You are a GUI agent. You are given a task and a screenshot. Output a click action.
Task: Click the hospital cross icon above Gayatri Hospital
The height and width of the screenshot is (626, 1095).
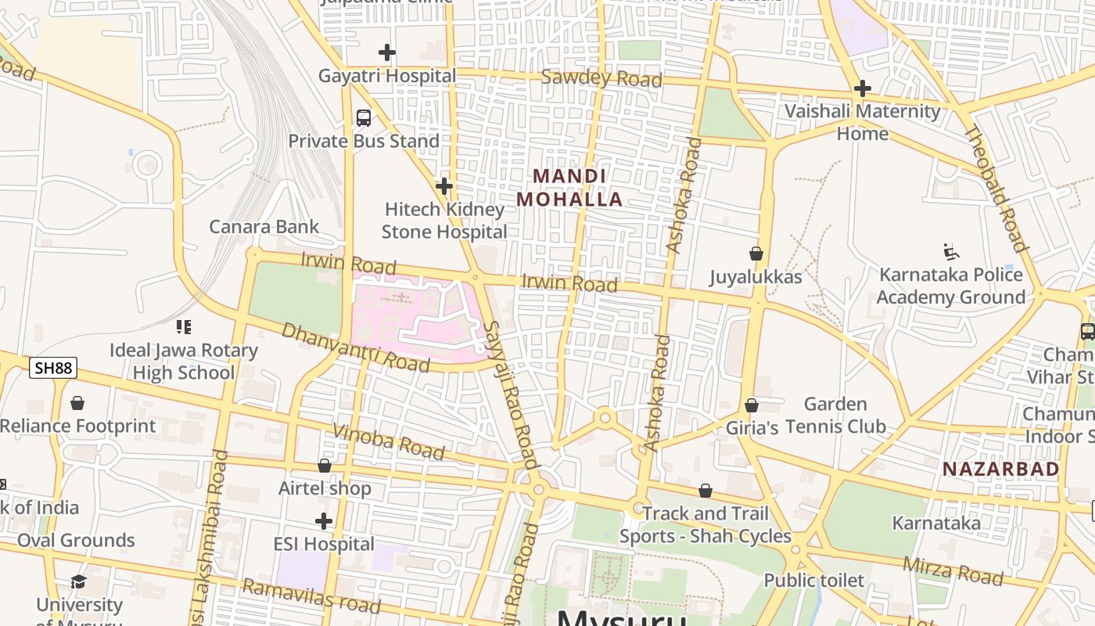point(386,52)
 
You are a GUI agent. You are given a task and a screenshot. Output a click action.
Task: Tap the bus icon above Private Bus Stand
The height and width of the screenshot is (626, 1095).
point(364,118)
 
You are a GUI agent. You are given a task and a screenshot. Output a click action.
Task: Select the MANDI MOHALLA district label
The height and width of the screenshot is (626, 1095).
point(569,188)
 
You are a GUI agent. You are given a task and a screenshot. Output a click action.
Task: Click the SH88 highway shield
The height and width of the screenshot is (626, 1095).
point(53,368)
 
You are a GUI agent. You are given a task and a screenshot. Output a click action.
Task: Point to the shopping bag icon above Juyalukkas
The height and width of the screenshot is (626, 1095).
point(756,254)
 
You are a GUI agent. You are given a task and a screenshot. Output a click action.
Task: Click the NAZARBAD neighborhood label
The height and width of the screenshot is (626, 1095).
point(1000,469)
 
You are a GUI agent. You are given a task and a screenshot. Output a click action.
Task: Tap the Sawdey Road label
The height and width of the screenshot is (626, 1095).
point(601,78)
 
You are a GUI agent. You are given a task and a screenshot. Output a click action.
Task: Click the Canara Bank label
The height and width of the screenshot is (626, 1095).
point(264,227)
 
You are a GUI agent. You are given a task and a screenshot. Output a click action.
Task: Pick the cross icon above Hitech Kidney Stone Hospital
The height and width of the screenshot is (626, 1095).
point(444,186)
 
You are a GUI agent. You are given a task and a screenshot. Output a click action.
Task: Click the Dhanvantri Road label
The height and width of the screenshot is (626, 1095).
point(356,347)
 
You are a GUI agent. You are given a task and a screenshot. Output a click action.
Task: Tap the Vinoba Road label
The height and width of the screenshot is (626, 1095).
point(389,442)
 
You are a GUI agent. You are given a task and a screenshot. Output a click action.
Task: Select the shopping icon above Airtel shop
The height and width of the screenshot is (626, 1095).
point(325,466)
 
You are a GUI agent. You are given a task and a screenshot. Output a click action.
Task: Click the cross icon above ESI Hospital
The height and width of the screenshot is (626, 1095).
point(324,521)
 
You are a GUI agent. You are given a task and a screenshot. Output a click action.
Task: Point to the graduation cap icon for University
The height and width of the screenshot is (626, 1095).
point(78,581)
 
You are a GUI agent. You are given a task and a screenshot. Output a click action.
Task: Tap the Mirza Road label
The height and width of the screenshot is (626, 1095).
point(953,571)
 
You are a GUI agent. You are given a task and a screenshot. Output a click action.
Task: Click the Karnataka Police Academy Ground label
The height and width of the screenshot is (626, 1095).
point(950,286)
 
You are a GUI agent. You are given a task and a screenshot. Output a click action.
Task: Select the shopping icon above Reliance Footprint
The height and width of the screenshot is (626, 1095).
point(77,404)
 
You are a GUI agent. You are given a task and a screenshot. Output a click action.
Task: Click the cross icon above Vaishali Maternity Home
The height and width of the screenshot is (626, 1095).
point(863,88)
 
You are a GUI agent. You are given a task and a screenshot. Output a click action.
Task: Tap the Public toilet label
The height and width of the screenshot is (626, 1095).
point(813,581)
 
